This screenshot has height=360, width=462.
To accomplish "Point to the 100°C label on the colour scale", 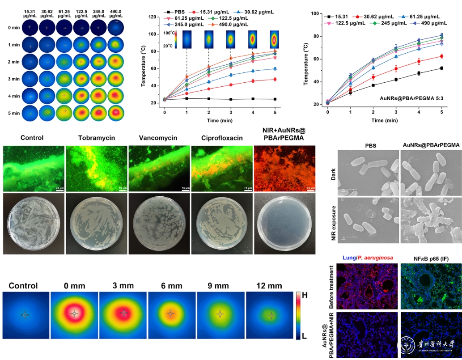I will coord(169,33).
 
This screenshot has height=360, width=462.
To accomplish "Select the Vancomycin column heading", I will coord(155,138).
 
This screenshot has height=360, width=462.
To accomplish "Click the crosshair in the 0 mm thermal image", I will coord(75,314).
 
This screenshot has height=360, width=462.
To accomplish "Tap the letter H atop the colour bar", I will coord(304,295).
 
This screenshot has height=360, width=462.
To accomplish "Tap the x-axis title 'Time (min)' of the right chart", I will coord(384,121).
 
